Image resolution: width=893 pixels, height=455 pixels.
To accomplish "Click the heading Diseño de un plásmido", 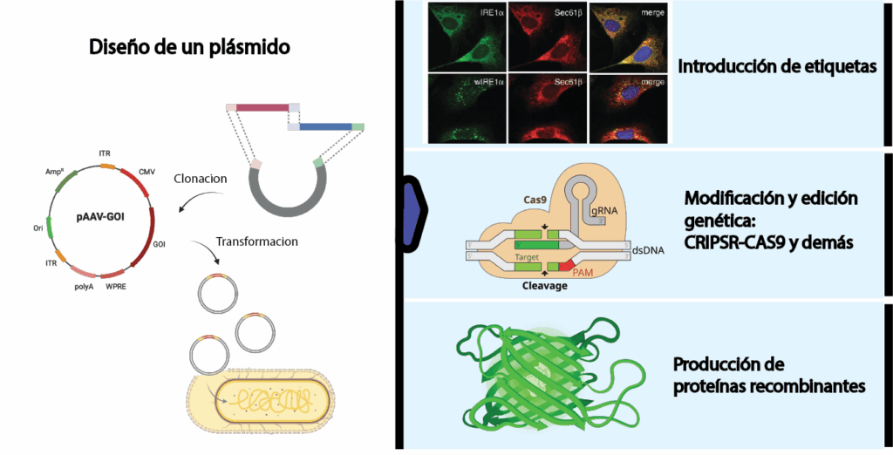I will pyautogui.click(x=189, y=47).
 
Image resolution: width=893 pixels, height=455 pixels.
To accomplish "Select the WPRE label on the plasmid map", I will pyautogui.click(x=117, y=286).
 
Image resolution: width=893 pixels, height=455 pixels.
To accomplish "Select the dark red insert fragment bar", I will pyautogui.click(x=262, y=107).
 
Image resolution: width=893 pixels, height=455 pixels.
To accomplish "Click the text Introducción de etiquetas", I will pyautogui.click(x=777, y=66).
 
